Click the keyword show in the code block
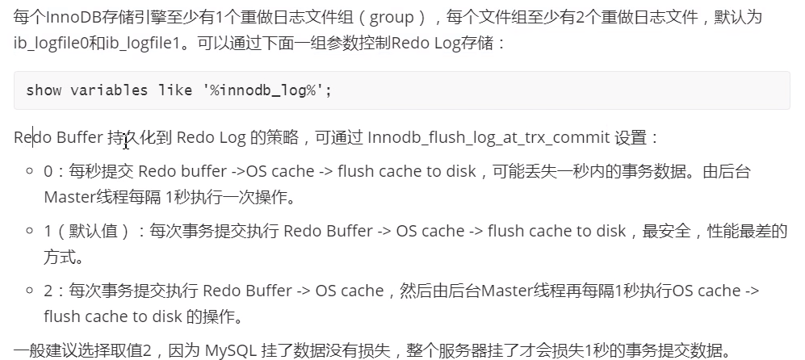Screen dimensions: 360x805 (44, 90)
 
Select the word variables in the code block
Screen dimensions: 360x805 (109, 90)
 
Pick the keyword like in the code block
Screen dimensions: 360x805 (175, 90)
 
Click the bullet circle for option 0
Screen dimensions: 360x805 (30, 171)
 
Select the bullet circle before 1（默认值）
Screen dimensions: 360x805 (30, 232)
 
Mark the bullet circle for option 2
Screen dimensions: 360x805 (30, 291)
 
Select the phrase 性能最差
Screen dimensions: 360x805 (739, 232)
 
